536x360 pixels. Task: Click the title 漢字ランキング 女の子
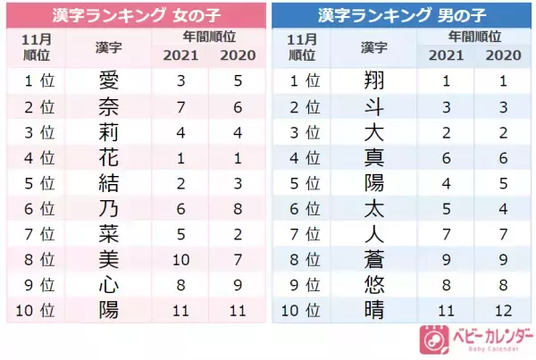(133, 15)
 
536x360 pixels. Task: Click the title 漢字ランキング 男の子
(401, 15)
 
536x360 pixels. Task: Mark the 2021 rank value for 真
(448, 160)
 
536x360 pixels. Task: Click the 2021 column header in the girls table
(181, 55)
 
